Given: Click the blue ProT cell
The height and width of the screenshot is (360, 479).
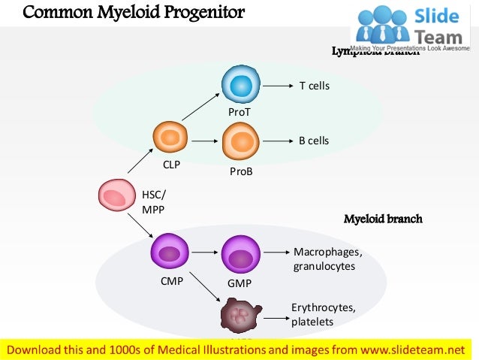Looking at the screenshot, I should point(241,86).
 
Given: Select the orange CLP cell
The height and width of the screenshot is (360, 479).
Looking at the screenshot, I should point(170,138).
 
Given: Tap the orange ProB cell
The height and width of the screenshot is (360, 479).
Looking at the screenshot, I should point(241,141).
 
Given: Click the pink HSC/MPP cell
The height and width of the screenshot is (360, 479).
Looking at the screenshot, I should point(115,197).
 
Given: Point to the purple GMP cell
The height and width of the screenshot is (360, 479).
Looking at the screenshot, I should point(241,255).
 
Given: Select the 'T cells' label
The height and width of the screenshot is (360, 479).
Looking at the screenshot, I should point(315,86).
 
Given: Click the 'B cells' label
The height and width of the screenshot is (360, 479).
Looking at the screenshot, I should point(314,141).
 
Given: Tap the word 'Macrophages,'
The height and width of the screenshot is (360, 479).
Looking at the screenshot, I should point(327,252).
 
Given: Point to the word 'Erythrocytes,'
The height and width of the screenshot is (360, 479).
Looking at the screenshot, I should point(324,308).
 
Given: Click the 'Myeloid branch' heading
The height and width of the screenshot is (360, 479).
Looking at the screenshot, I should point(383,219).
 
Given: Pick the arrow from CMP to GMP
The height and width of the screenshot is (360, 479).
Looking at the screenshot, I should point(203,253).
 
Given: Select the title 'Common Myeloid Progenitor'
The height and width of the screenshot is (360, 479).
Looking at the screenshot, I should point(134,13).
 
